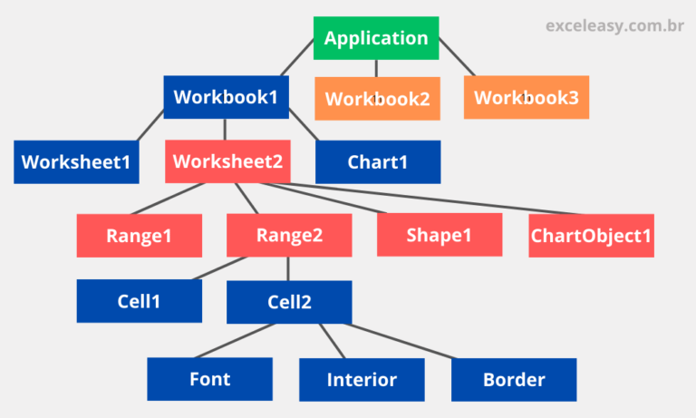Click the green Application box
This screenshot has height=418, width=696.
pyautogui.click(x=376, y=38)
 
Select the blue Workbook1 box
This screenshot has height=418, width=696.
pyautogui.click(x=226, y=96)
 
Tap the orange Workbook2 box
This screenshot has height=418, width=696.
pyautogui.click(x=377, y=98)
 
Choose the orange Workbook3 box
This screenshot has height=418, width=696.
pyautogui.click(x=526, y=97)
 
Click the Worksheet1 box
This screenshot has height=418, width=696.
pyautogui.click(x=76, y=162)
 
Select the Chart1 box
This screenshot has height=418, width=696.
pyautogui.click(x=378, y=162)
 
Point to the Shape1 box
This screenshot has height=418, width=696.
pyautogui.click(x=440, y=236)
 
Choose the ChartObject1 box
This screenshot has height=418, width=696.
pyautogui.click(x=591, y=236)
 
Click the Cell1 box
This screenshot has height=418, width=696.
pyautogui.click(x=139, y=301)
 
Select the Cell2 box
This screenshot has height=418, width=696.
pyautogui.click(x=289, y=302)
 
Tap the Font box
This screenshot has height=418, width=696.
pyautogui.click(x=209, y=379)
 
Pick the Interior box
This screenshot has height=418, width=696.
pyautogui.click(x=362, y=380)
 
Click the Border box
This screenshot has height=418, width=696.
pyautogui.click(x=514, y=379)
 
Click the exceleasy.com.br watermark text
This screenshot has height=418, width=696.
pyautogui.click(x=614, y=26)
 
